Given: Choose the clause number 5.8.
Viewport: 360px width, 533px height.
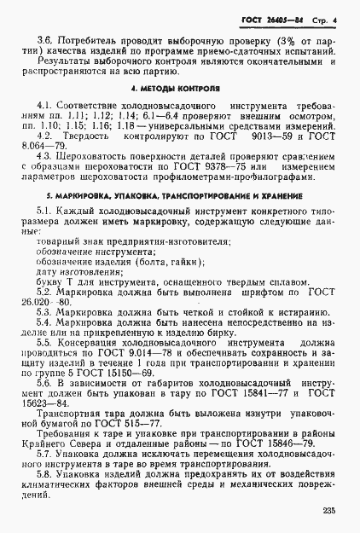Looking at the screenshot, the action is [44, 472].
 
